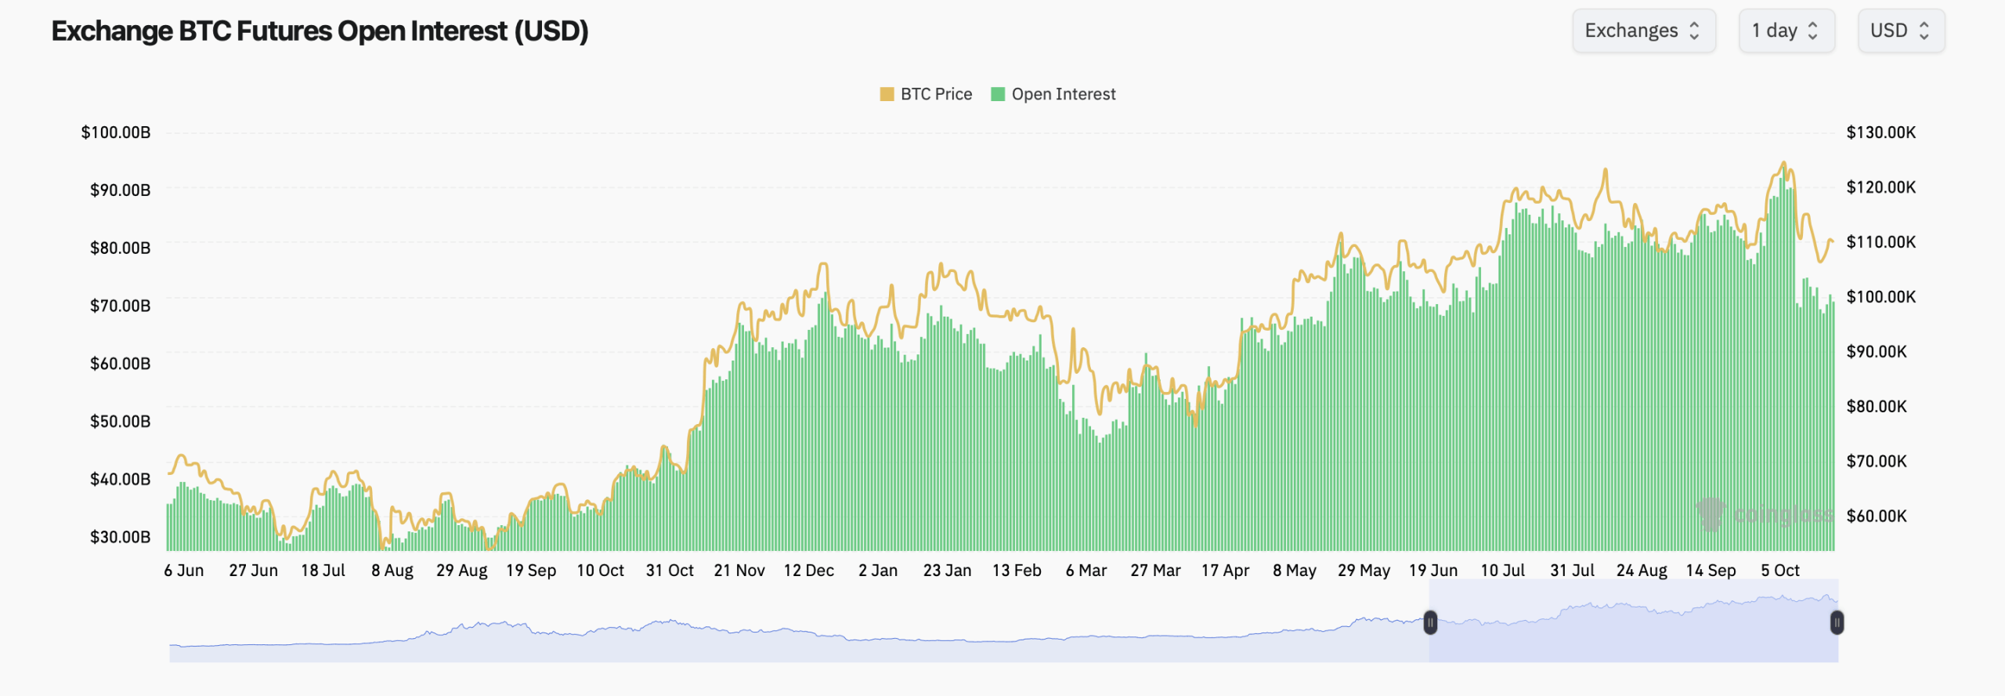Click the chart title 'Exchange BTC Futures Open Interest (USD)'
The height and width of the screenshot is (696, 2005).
tap(320, 31)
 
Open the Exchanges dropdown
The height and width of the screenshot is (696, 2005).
tap(1643, 31)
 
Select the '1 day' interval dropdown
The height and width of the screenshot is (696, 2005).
tap(1786, 31)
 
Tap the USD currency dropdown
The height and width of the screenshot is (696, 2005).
tap(1900, 31)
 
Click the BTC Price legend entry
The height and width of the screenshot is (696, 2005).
tap(926, 94)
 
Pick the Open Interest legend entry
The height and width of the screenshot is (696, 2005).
tap(1053, 94)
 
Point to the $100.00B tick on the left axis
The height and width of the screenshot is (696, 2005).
tap(116, 132)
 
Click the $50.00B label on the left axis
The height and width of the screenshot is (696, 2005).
tap(120, 422)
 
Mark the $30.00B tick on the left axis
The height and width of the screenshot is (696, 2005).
tap(120, 537)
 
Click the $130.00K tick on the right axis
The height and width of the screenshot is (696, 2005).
tap(1880, 132)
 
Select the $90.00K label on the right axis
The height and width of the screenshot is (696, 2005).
tap(1877, 352)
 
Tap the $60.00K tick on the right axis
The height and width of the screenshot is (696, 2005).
tap(1877, 517)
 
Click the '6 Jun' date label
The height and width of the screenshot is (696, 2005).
tap(184, 571)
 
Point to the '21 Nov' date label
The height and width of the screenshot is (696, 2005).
tap(739, 571)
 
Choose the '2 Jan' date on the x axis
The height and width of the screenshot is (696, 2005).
tap(878, 571)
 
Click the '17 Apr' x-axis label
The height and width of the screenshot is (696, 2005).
tap(1225, 571)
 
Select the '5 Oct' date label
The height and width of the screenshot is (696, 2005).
tap(1780, 571)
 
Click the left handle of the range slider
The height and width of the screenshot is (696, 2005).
tap(1430, 623)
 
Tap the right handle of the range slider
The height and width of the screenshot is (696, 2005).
tap(1837, 623)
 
